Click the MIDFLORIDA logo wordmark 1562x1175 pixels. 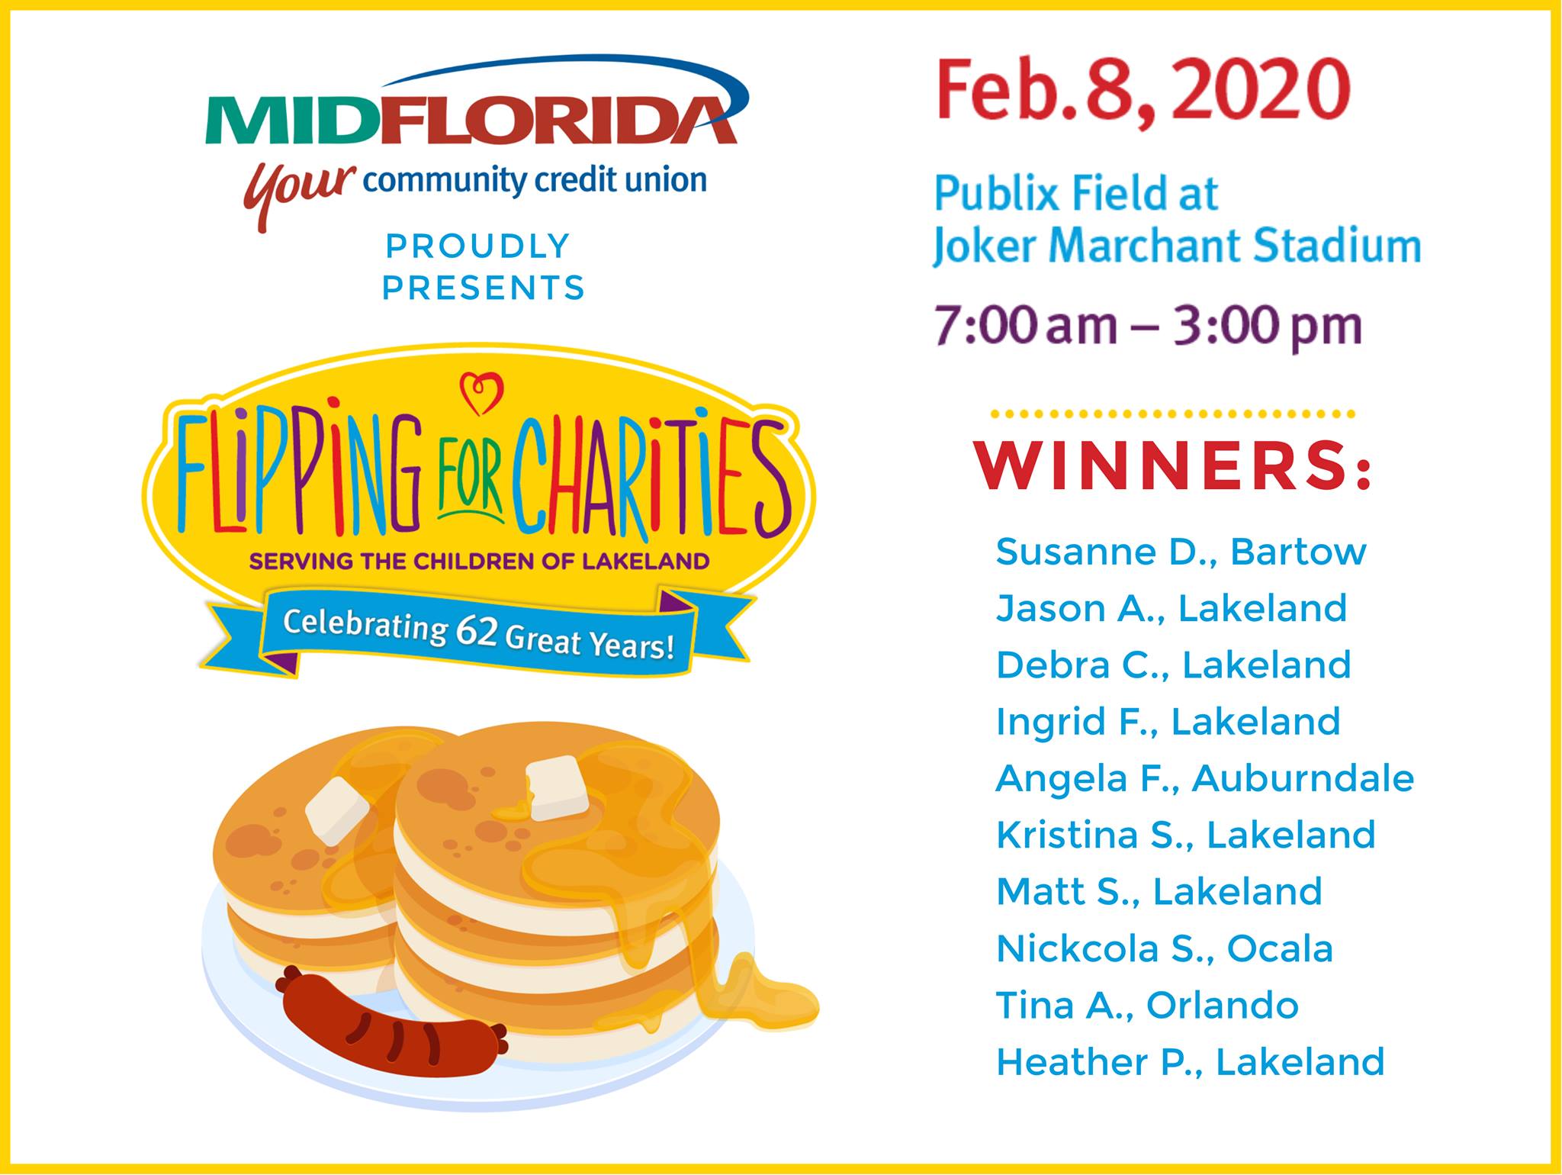pos(471,120)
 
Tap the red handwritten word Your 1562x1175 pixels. pos(299,191)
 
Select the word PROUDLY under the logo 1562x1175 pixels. pos(478,246)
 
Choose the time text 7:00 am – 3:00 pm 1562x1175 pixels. pos(1148,327)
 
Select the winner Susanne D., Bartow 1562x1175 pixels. pos(1181,552)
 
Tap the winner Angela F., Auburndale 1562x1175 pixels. pos(1205,778)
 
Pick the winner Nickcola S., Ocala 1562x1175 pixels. pos(1165,948)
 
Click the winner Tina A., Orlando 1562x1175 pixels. pos(1147,1005)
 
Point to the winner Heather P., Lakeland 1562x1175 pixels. pos(1190,1061)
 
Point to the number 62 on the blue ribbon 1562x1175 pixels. pos(477,631)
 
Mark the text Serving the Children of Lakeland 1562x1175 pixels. pos(480,562)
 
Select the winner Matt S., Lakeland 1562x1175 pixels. pos(1159,891)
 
